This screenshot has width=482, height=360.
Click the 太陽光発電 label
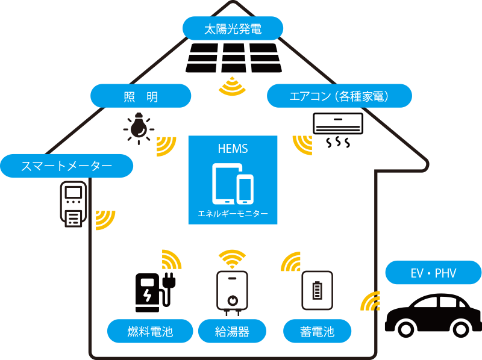coord(233,28)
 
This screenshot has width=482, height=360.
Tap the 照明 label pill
coord(140,96)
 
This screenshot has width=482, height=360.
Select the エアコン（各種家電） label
coord(339,96)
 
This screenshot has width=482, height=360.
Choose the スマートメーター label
coord(66,166)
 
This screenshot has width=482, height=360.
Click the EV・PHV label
coord(433,273)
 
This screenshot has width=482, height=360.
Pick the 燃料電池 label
coord(150,331)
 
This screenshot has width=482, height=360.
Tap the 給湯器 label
coord(232,331)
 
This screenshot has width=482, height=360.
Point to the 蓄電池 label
coord(317,331)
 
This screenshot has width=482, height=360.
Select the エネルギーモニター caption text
coord(233,214)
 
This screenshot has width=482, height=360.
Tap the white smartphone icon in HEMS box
coord(245,189)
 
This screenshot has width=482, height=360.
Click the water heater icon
coord(232,292)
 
